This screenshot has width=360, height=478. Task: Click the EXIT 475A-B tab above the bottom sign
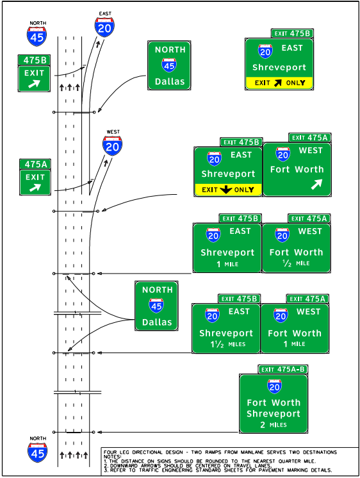click(x=282, y=369)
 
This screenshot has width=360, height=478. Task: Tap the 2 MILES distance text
click(x=274, y=425)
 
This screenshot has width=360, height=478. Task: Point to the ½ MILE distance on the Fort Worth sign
click(x=296, y=263)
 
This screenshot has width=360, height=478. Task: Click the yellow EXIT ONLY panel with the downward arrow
click(x=229, y=190)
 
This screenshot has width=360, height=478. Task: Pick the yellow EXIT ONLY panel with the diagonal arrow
click(x=279, y=83)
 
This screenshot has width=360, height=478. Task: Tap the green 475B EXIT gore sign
click(x=34, y=73)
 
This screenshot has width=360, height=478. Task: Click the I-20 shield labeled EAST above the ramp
click(x=104, y=26)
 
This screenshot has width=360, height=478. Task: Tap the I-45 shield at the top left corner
click(x=37, y=35)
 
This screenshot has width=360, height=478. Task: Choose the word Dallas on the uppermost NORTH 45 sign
click(x=170, y=81)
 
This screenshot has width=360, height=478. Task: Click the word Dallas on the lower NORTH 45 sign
click(x=156, y=322)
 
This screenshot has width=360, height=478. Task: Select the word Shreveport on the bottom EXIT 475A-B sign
click(x=274, y=414)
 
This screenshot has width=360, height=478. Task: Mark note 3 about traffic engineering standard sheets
click(x=218, y=470)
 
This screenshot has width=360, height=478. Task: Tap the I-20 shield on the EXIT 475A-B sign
click(x=274, y=386)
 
